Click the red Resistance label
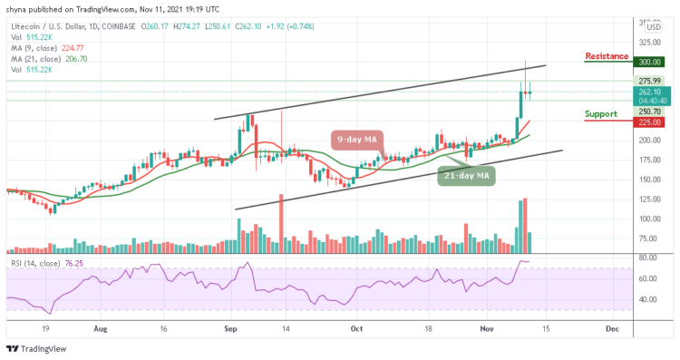coord(607,56)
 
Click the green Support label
coord(604,115)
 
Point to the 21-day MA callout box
coord(465,175)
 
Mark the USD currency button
coord(653,27)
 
